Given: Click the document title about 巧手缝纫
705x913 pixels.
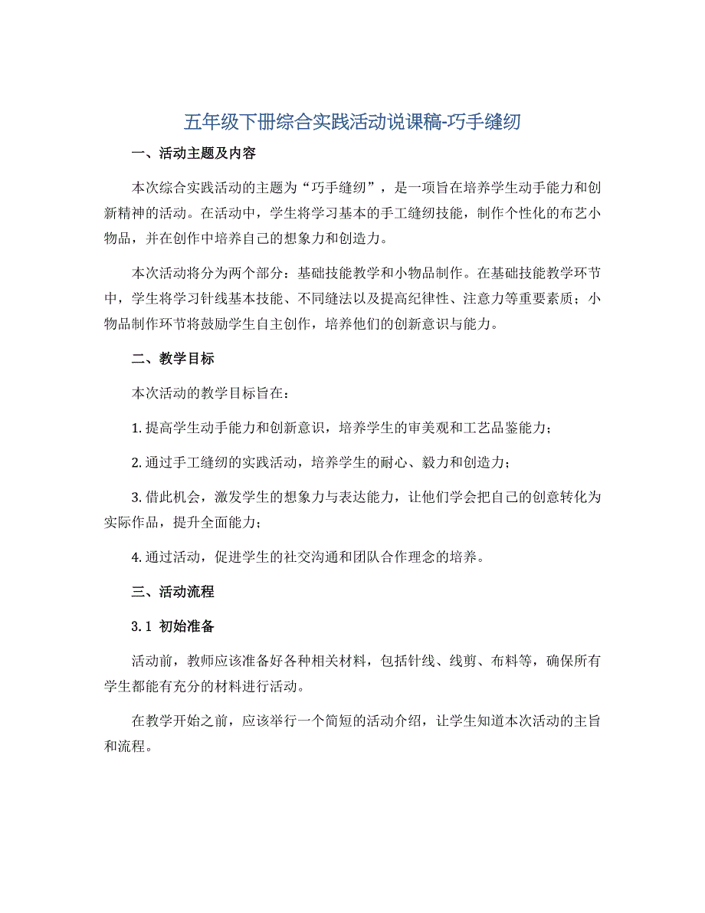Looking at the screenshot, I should coord(352,122).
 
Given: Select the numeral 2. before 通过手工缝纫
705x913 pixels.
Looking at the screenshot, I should coord(136,462).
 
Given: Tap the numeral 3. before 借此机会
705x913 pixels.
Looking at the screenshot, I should coord(136,497).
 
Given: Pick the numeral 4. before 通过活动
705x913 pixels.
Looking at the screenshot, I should coord(136,557).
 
